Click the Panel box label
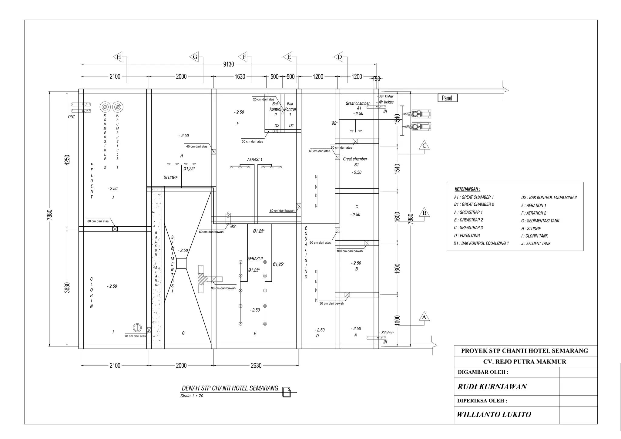(x=447, y=98)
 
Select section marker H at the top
(x=119, y=57)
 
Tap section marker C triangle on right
(x=424, y=146)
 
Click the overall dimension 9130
(x=229, y=64)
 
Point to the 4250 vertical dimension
(x=67, y=160)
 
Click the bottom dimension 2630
(x=256, y=366)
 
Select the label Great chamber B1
(x=355, y=162)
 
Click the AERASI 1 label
(x=255, y=159)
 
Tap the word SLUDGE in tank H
(x=171, y=178)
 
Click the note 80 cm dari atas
(x=98, y=221)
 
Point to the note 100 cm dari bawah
(x=350, y=251)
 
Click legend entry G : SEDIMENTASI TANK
(x=540, y=221)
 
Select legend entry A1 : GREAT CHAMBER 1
(x=474, y=197)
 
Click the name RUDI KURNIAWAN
(x=492, y=387)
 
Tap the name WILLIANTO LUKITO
(x=494, y=414)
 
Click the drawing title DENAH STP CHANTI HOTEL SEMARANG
(x=230, y=388)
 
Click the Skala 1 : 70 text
(x=192, y=396)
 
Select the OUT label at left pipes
(x=72, y=117)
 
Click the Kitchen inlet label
(x=387, y=333)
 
